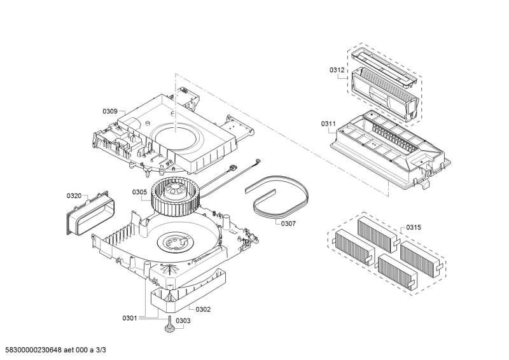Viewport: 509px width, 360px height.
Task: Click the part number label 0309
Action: click(x=110, y=111)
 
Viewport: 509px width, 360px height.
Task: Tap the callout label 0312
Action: click(x=337, y=70)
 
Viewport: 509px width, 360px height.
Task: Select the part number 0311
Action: click(x=328, y=123)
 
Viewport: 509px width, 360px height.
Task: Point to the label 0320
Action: click(x=74, y=196)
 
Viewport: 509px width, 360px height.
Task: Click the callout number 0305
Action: click(x=139, y=192)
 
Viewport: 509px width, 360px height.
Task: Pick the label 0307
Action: click(x=288, y=224)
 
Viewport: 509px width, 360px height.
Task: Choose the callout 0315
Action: click(x=414, y=227)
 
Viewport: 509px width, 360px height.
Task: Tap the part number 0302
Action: click(x=203, y=309)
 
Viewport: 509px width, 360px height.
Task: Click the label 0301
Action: click(x=130, y=318)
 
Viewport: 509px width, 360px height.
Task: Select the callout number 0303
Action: click(x=183, y=321)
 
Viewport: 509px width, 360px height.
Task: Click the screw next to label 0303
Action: click(x=169, y=324)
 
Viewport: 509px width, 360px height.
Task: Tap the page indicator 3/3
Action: click(x=101, y=350)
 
